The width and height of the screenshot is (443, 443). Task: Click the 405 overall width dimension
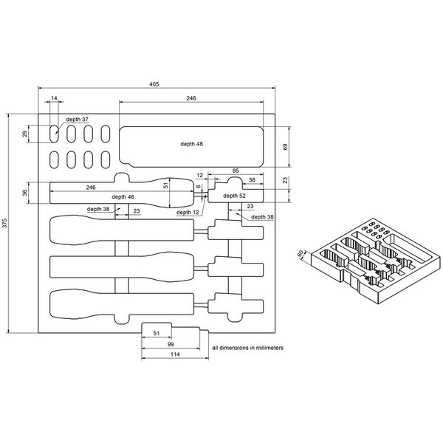click(x=154, y=85)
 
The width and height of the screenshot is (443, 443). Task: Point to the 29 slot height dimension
click(x=24, y=134)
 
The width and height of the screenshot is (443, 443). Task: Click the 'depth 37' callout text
click(x=77, y=119)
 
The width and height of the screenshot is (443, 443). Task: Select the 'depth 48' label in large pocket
click(x=191, y=144)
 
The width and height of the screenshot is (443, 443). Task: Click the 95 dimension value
click(x=235, y=171)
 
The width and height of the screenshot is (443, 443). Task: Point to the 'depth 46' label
click(x=123, y=197)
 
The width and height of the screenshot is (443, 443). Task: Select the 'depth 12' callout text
click(x=188, y=213)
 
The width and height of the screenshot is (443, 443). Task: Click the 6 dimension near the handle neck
click(x=199, y=188)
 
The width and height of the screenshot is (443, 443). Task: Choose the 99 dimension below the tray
click(x=170, y=345)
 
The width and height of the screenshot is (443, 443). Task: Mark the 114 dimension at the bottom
click(x=174, y=355)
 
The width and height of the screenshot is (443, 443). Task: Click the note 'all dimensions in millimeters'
click(x=247, y=346)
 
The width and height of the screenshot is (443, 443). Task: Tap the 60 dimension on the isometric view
click(x=301, y=255)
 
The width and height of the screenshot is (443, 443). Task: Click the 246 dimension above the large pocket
click(x=190, y=98)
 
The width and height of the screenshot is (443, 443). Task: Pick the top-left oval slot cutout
click(x=55, y=134)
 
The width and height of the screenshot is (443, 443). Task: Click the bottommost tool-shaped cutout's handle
click(x=89, y=304)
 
